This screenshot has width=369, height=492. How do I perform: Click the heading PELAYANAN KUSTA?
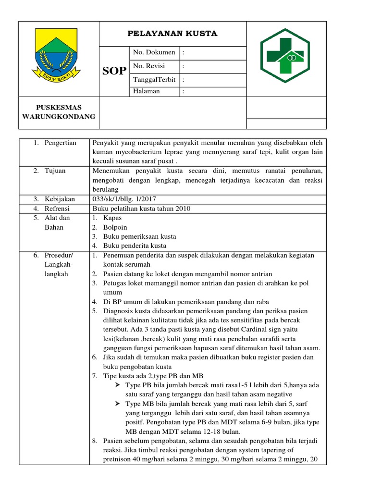coord(172,33)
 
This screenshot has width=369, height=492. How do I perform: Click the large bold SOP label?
coord(114,71)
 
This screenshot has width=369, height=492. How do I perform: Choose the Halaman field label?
coord(147,91)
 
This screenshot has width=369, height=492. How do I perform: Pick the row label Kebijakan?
coord(60,199)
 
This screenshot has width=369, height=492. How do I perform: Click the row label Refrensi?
coord(57,208)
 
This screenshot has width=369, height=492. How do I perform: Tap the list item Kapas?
coord(112,218)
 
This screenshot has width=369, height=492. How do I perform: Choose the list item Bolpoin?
coord(115,227)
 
